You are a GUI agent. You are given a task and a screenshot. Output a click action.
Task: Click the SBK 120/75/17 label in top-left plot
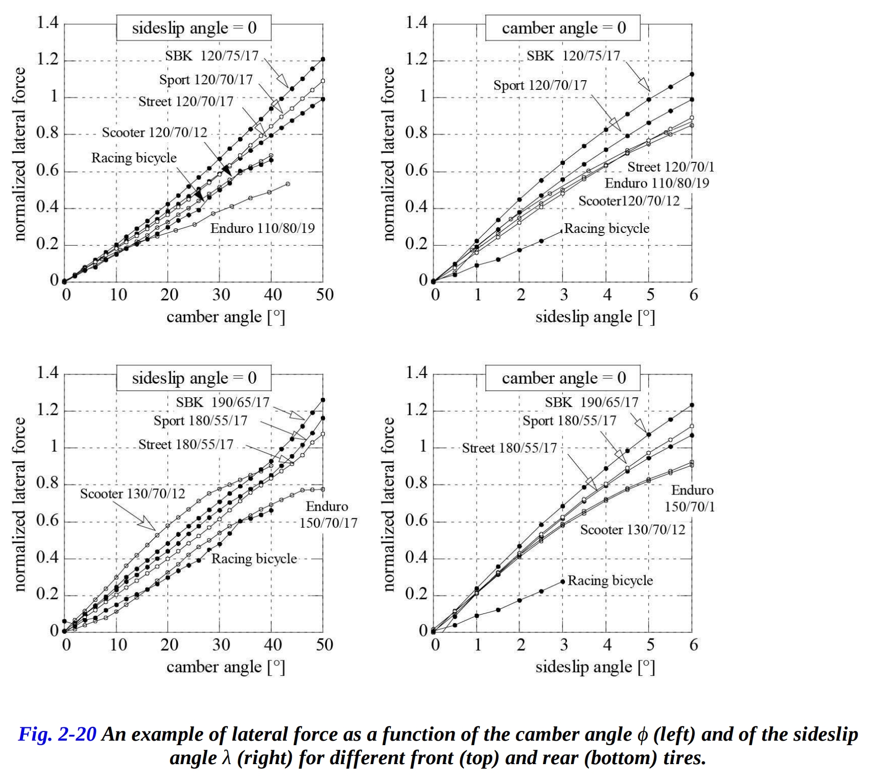(x=211, y=56)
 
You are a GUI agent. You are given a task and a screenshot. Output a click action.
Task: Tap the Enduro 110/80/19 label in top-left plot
(x=262, y=228)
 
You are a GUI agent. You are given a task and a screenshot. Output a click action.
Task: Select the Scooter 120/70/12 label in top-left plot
(x=154, y=133)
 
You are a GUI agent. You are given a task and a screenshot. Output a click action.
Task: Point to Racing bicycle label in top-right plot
(x=606, y=228)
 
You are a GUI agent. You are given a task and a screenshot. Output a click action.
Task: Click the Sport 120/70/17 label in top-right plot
(x=540, y=85)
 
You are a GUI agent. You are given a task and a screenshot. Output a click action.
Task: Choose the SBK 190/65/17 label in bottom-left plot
(x=222, y=402)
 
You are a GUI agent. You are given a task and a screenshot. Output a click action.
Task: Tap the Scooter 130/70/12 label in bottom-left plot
(x=132, y=494)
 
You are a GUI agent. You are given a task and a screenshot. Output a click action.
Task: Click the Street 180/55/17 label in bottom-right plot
(x=509, y=448)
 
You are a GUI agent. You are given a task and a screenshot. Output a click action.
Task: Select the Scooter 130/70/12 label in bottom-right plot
(x=632, y=530)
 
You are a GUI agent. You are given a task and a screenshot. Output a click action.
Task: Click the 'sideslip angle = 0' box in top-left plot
(x=194, y=28)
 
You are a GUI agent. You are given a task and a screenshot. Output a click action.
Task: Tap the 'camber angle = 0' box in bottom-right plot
(x=563, y=378)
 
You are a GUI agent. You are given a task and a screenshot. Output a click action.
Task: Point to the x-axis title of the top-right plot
(x=595, y=317)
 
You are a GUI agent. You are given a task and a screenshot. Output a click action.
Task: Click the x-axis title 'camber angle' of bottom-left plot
(x=225, y=667)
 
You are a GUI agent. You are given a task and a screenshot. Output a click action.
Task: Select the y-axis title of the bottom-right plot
(x=388, y=504)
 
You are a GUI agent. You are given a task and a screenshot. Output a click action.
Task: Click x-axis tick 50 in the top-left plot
(x=324, y=295)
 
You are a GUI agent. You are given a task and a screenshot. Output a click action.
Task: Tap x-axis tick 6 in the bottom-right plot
(x=693, y=645)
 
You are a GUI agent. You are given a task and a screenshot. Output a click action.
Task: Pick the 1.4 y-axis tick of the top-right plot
(x=416, y=23)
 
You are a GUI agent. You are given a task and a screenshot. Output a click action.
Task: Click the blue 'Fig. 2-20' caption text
(x=57, y=734)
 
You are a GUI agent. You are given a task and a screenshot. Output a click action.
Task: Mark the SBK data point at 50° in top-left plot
(x=323, y=59)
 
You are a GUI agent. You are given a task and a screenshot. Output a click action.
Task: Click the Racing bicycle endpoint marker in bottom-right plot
(x=563, y=581)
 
